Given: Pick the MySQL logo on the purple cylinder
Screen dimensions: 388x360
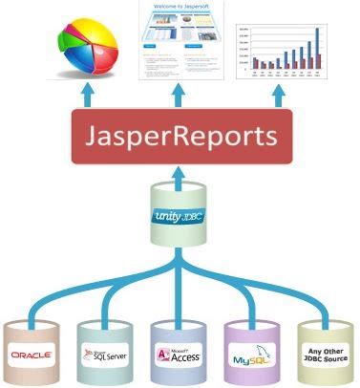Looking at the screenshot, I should pos(250,357).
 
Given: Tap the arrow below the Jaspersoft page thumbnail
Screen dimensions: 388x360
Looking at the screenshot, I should pos(180,95).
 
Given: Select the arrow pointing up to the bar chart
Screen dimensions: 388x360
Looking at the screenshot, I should pos(279,95).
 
